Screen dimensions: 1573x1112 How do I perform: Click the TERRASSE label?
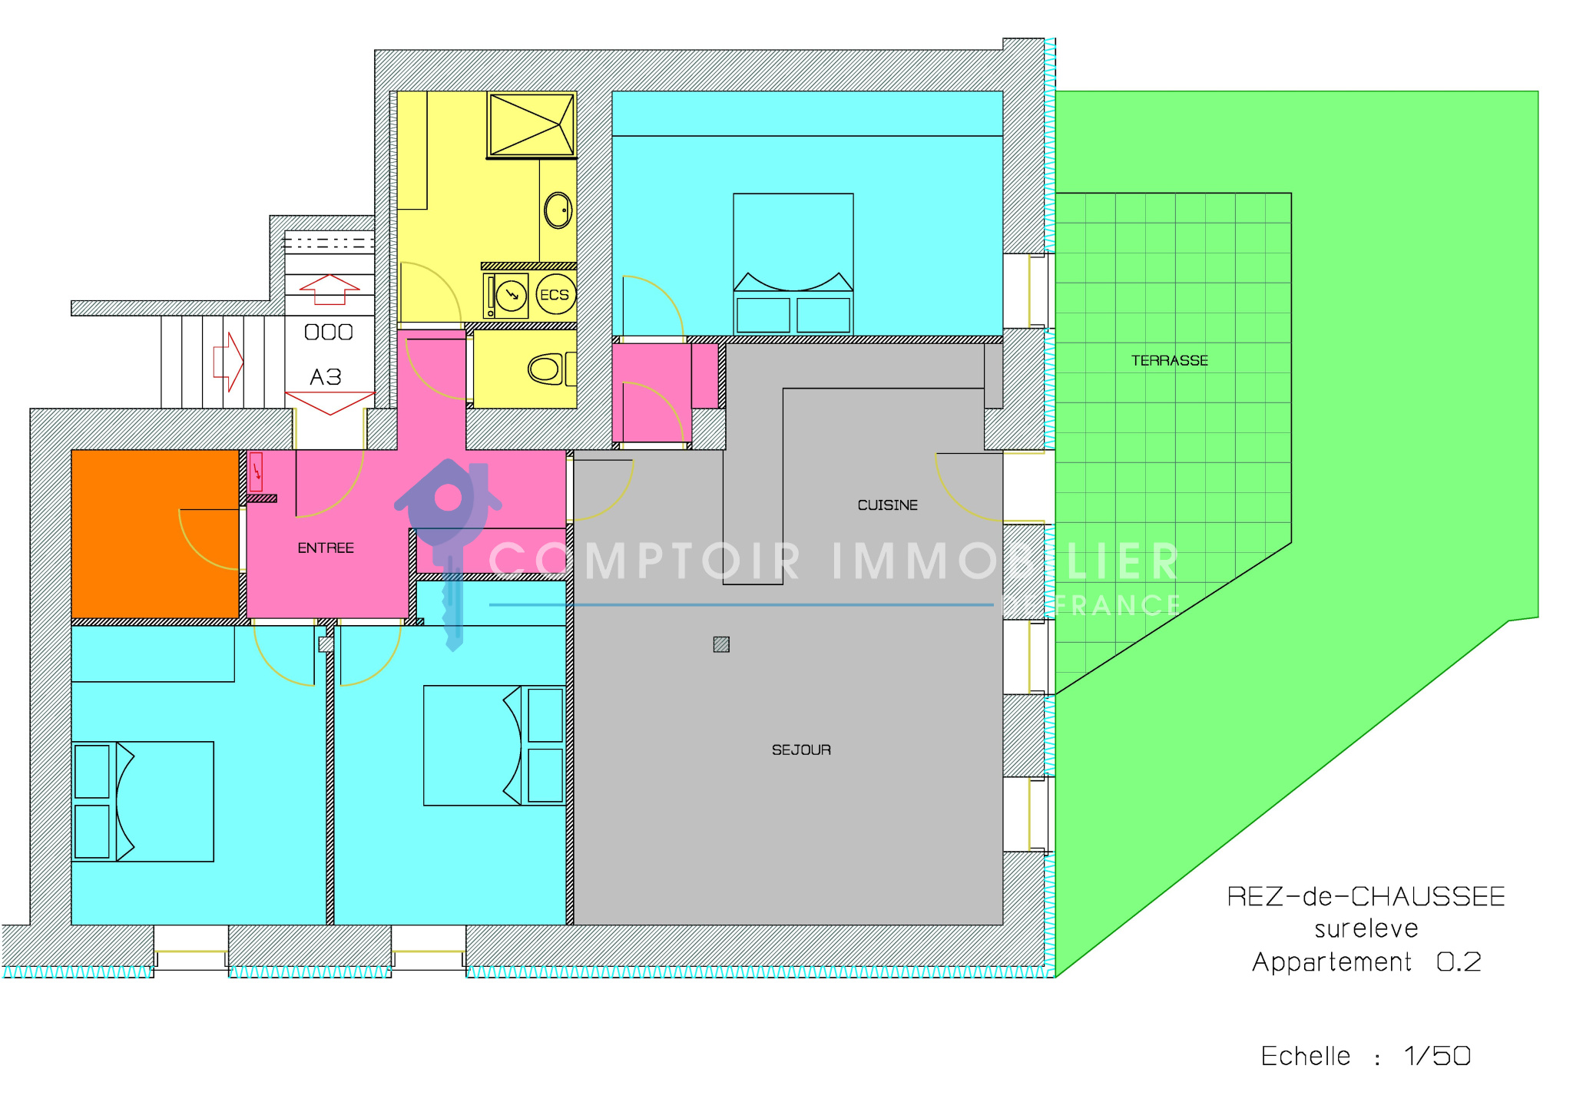(x=1169, y=360)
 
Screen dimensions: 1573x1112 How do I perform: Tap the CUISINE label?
(x=887, y=505)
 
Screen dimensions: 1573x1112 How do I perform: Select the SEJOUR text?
(x=801, y=750)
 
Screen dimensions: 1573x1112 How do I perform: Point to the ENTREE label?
(x=326, y=548)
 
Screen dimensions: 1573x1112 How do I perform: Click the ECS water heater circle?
(x=555, y=295)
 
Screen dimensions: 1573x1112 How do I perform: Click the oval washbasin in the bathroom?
(x=558, y=210)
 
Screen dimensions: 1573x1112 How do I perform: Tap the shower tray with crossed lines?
(x=532, y=125)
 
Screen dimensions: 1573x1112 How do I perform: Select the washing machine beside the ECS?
(x=506, y=296)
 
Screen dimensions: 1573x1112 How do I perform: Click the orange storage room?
(x=155, y=534)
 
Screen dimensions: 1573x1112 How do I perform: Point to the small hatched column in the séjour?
(x=721, y=644)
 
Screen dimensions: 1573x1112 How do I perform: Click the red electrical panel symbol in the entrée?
(x=257, y=472)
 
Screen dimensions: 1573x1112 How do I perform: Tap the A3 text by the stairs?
(x=326, y=377)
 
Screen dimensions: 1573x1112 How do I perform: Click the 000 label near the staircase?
(x=329, y=332)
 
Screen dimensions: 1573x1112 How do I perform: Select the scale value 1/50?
(x=1437, y=1056)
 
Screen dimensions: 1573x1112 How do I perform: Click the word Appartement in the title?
(x=1332, y=962)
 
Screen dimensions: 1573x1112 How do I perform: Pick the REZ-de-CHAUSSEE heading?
(x=1366, y=897)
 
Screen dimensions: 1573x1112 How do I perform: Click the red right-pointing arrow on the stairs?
(x=228, y=362)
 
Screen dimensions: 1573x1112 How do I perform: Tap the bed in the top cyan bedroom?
(x=793, y=263)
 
